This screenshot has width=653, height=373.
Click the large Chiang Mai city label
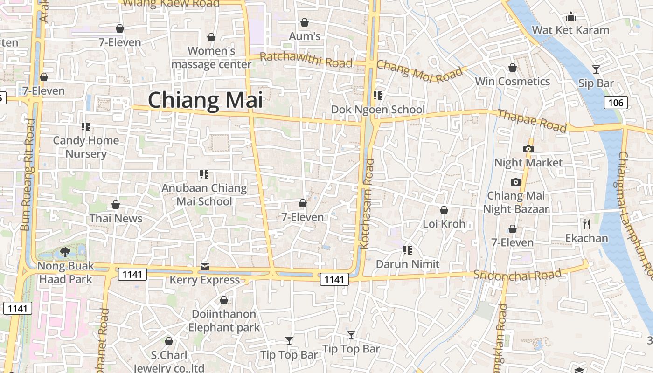click(205, 100)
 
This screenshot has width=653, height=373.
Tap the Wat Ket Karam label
click(570, 30)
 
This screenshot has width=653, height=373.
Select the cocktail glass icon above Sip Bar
click(596, 69)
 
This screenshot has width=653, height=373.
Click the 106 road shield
click(616, 103)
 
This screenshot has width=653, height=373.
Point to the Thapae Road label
click(532, 121)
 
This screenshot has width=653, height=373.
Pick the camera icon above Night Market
click(528, 149)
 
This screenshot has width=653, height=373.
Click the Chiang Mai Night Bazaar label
click(515, 202)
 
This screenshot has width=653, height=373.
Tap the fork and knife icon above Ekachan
click(587, 224)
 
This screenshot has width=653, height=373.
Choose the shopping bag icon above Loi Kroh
click(444, 210)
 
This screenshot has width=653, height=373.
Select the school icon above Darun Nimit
click(408, 250)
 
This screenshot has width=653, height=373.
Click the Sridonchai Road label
click(517, 275)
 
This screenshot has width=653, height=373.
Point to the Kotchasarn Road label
click(368, 204)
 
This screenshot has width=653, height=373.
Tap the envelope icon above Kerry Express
click(204, 267)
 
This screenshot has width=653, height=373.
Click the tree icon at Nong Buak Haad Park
click(65, 252)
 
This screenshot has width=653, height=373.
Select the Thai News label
click(116, 218)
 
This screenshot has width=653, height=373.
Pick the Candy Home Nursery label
click(86, 147)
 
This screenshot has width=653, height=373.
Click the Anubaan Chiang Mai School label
click(204, 195)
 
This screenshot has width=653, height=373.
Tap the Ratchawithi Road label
click(306, 60)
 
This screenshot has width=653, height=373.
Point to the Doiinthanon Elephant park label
click(224, 321)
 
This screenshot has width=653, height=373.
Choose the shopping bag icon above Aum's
click(305, 22)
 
